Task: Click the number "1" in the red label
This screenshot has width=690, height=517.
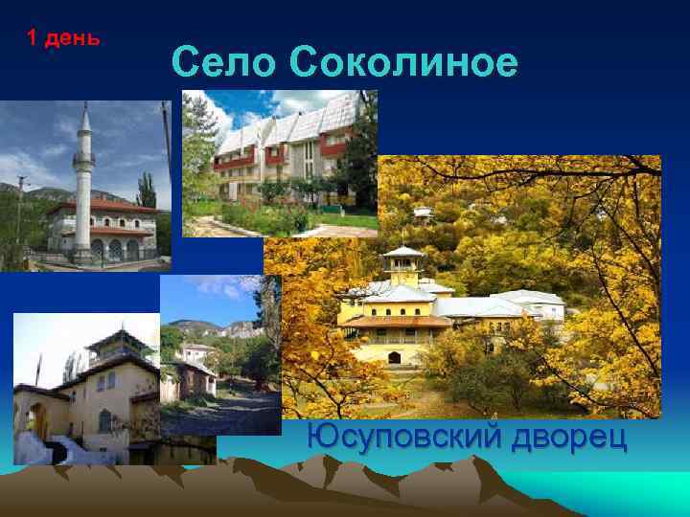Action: (32, 38)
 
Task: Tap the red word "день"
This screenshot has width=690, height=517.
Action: (73, 38)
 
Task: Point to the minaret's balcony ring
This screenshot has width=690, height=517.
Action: (84, 156)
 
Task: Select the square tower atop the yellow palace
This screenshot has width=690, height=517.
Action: (402, 265)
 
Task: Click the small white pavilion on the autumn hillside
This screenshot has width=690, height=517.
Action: (423, 212)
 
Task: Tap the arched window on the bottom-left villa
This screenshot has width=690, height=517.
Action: (104, 420)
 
